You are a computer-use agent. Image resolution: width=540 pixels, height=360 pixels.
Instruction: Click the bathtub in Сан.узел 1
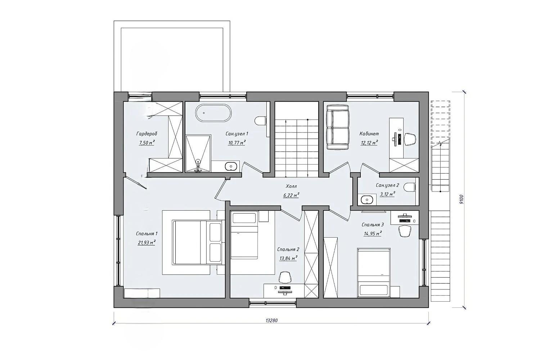coord(213,113)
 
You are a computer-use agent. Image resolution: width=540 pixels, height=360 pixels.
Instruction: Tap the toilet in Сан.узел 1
coord(261,121)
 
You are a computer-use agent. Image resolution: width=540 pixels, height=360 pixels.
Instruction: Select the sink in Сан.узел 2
coord(367,200)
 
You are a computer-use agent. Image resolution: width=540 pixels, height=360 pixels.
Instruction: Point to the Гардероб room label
coord(147,134)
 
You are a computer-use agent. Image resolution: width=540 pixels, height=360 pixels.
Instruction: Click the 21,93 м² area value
coord(147,242)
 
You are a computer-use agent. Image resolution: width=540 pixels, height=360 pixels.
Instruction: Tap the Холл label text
coord(291,186)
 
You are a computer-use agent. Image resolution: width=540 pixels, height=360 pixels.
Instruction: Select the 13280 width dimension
coord(272,320)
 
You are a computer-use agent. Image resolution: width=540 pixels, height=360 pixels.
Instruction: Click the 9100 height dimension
coord(461,199)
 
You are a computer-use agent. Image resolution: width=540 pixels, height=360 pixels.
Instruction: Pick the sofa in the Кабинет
coord(338,127)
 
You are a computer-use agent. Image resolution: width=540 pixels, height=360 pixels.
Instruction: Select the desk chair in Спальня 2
coord(285,277)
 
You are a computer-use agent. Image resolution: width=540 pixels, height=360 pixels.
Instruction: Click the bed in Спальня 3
coord(373,272)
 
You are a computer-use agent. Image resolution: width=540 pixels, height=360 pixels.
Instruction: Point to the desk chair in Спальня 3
coord(405,231)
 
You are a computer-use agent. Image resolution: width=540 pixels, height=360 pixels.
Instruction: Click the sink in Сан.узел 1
coord(231,166)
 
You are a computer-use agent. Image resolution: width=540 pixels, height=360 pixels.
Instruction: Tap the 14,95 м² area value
coord(373,233)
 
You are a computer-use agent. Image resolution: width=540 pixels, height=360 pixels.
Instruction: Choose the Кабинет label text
coord(369,134)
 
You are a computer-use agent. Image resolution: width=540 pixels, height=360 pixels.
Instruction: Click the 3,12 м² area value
coord(387,194)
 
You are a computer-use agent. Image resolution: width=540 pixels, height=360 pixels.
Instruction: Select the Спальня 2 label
coord(288,249)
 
